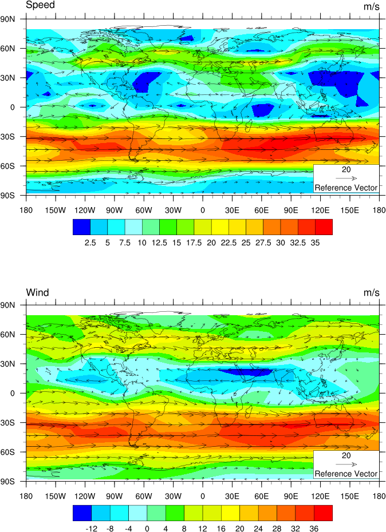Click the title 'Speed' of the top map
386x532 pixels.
[x=40, y=5]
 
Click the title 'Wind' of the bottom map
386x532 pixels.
[x=37, y=292]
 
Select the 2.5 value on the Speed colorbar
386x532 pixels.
[x=90, y=243]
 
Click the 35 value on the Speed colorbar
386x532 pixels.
[x=315, y=243]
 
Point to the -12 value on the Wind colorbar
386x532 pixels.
[x=91, y=529]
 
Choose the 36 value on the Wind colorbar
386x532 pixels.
[x=314, y=529]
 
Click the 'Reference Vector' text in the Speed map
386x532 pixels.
[x=346, y=188]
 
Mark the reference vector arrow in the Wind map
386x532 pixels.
[x=346, y=464]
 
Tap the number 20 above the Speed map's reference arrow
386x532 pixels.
[x=346, y=170]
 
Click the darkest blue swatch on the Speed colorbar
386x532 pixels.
[x=81, y=227]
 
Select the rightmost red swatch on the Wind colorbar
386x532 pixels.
[x=324, y=513]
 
